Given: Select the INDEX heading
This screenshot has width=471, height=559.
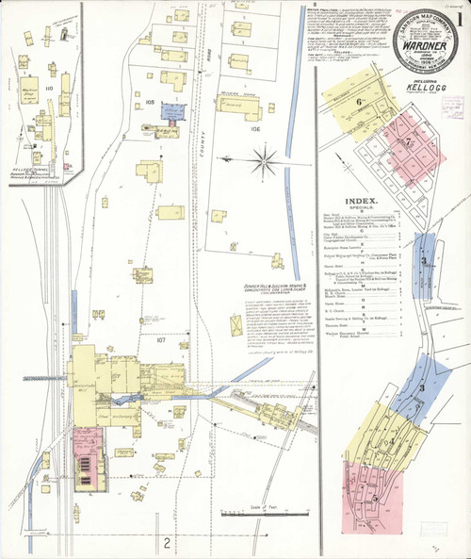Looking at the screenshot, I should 362,201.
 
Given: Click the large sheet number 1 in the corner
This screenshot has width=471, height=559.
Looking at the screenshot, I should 460,20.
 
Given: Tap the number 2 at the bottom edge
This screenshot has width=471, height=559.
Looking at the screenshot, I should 166,542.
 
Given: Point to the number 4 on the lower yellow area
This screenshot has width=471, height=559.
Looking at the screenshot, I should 388,440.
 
